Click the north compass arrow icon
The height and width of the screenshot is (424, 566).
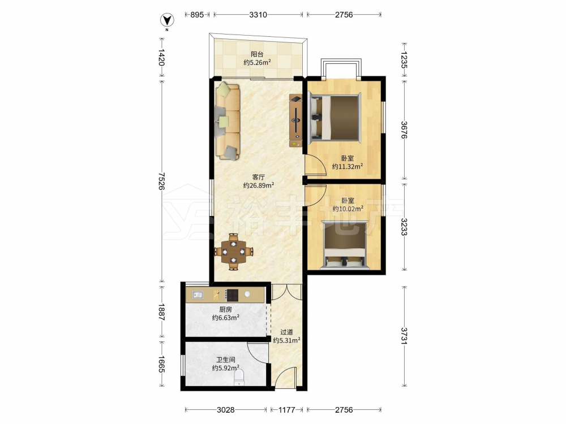coord(167,20)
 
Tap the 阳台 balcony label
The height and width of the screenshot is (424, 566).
coord(257,54)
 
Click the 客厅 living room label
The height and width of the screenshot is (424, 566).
coord(259,177)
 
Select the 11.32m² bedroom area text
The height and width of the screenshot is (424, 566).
coord(348,167)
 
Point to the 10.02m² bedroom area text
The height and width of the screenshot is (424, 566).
coord(348,209)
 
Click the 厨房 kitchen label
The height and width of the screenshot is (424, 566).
coord(226,309)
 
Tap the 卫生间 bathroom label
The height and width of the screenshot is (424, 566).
coord(226,360)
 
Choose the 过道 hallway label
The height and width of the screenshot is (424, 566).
coord(286,332)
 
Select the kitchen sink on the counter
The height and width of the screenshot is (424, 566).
coord(197,295)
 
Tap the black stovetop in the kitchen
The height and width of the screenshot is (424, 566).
coord(231,295)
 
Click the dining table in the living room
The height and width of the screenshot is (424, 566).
coord(234,252)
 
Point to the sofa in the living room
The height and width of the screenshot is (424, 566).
coord(228,122)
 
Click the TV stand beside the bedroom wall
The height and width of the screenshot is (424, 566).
coord(295,120)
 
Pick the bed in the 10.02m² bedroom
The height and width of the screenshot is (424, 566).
coord(345,245)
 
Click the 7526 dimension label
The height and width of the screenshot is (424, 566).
coord(161,181)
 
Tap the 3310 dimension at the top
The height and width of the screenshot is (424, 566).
coord(258,15)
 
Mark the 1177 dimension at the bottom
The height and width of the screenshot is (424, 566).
coord(286,409)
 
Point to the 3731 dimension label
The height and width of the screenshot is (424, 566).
coord(404,336)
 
